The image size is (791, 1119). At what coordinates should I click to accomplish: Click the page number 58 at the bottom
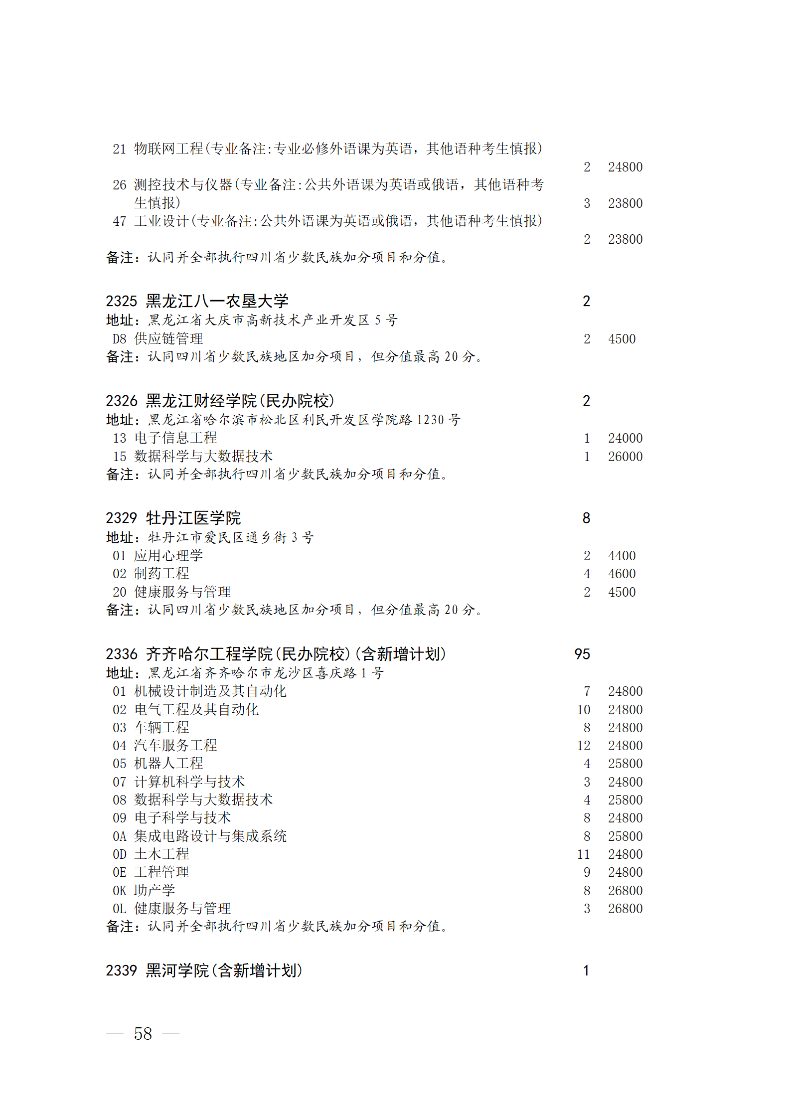pos(143,1033)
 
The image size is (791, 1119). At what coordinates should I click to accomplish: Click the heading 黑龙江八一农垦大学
pos(217,301)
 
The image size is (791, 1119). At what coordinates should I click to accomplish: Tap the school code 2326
pos(121,401)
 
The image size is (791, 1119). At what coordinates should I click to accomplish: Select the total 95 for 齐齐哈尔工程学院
pos(582,654)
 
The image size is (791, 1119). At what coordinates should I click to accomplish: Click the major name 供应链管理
pos(168,339)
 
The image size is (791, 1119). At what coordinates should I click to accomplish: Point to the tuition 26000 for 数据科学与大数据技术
pos(625,457)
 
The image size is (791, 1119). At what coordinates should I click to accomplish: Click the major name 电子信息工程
pos(175,438)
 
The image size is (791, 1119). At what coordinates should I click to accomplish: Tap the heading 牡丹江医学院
pos(193,518)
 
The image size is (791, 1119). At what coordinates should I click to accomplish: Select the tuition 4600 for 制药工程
pos(622,574)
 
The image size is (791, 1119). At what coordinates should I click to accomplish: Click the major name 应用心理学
pos(168,556)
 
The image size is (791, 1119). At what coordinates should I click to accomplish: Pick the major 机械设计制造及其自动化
pos(210,691)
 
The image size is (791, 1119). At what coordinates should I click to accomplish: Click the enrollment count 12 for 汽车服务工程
pos(583,746)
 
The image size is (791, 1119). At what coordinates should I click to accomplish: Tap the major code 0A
pos(120,836)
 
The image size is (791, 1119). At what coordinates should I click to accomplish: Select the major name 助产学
pos(155,890)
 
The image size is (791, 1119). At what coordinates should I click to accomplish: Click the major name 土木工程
pos(161,854)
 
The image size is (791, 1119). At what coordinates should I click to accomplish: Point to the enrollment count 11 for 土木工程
pos(583,854)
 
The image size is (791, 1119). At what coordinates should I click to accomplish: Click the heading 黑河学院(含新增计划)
pos(224,970)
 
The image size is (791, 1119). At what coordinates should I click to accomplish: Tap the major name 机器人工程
pos(168,764)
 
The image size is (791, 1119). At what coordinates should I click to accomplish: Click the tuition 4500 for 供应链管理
pos(622,339)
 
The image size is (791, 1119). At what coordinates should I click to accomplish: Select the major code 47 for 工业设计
pos(120,221)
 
